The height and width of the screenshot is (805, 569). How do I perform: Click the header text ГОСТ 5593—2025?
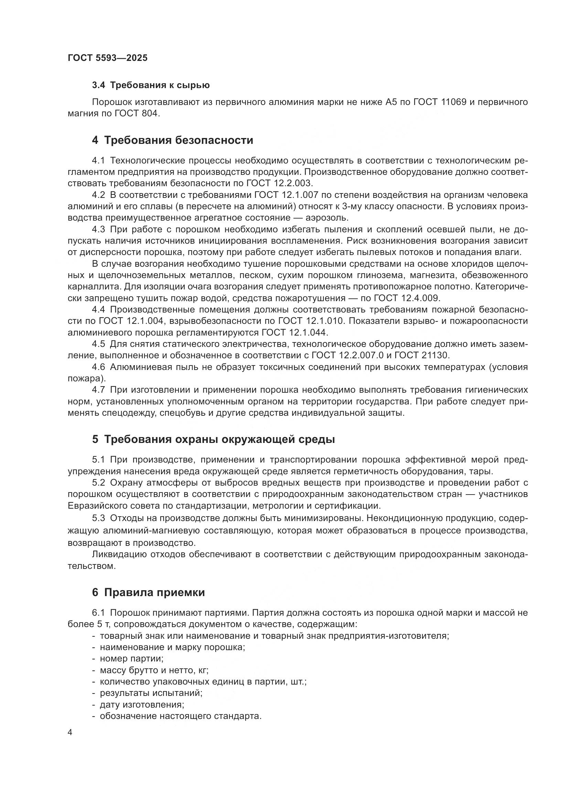point(108,58)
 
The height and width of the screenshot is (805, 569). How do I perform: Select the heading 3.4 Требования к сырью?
point(151,85)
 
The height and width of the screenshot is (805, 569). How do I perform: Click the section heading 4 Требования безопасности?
point(172,140)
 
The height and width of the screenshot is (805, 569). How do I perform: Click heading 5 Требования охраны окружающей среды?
point(213,439)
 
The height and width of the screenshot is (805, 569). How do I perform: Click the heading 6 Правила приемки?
point(148,592)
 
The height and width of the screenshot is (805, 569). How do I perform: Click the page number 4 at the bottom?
point(70,733)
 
